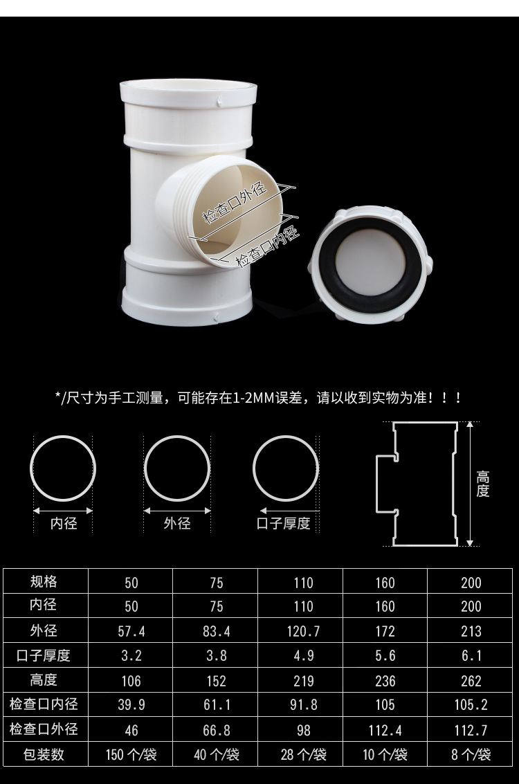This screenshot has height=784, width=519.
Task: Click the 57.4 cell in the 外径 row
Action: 131,631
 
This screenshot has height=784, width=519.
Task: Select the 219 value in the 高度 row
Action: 304,680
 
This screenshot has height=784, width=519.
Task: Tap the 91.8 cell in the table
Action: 304,704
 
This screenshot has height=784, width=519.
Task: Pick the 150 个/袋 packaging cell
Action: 131,754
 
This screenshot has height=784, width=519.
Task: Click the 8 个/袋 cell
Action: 471,754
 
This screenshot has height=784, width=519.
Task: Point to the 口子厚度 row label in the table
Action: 44,655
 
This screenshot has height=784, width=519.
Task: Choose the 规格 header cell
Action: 44,581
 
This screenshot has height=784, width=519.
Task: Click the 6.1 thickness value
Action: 471,655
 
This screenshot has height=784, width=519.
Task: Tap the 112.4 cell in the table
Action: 385,730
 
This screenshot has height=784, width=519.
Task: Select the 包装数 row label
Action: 44,754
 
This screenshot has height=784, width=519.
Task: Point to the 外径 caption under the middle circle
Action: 177,524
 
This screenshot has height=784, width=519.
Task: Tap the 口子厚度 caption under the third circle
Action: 284,524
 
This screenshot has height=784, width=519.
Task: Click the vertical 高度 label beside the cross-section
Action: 482,484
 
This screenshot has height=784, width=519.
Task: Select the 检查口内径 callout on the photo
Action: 268,246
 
